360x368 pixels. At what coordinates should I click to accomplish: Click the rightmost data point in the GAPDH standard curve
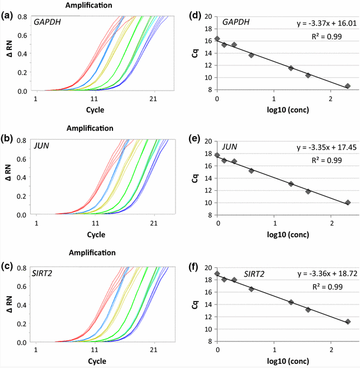[x=348, y=86]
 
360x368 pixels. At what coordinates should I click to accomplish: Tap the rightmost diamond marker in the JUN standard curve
[x=348, y=203]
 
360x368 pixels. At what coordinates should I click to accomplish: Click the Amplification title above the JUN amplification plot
[x=90, y=128]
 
